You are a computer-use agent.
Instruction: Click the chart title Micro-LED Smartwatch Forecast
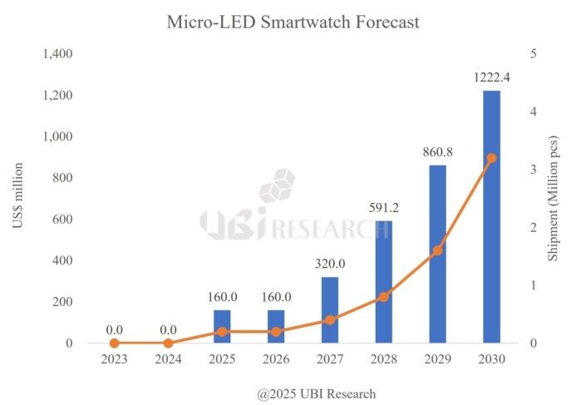293,22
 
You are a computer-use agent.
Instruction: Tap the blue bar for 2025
222,326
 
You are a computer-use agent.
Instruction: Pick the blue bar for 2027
330,309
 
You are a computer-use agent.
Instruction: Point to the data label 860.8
437,154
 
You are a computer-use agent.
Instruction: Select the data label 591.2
383,209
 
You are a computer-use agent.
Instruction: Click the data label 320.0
330,264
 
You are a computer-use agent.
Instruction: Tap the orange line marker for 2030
491,158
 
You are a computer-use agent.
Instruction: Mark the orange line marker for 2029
437,250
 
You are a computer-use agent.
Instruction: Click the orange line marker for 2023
115,343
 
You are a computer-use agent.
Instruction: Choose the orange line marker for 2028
383,297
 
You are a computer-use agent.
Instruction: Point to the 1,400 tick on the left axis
57,54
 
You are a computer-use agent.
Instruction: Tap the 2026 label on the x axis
276,360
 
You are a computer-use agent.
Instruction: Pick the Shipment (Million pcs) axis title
554,199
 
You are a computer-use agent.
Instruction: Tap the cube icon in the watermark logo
276,185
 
